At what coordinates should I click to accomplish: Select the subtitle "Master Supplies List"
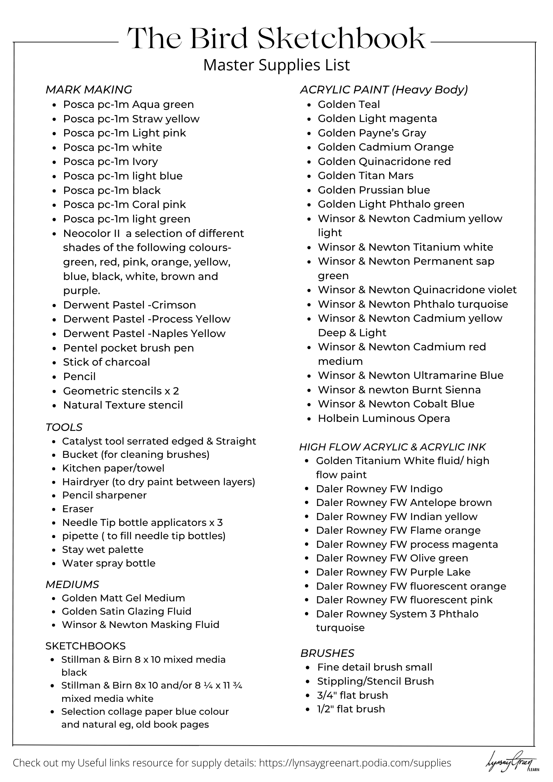pos(276,65)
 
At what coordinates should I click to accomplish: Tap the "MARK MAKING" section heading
pos(89,90)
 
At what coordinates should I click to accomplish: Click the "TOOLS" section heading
pos(64,427)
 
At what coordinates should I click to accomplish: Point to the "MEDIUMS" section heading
pos(72,585)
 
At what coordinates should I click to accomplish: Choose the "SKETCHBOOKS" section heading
pos(85,646)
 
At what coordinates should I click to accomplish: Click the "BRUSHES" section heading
pos(327,653)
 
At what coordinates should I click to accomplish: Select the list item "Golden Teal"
pos(348,104)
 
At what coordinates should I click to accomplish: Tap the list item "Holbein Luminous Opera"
pos(384,418)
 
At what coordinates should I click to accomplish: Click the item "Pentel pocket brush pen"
pos(128,348)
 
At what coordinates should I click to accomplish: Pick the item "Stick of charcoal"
pos(106,362)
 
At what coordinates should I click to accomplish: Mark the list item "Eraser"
pos(78,509)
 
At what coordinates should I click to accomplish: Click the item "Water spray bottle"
pos(109,563)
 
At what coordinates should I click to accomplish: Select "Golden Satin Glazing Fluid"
pos(126,612)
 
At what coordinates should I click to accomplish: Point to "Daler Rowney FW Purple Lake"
pos(393,572)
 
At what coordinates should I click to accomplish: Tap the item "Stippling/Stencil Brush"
pos(375,682)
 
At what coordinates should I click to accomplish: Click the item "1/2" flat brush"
pos(351,709)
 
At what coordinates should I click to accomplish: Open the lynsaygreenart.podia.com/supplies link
pos(355,763)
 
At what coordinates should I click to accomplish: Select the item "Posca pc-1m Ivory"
pos(110,162)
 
